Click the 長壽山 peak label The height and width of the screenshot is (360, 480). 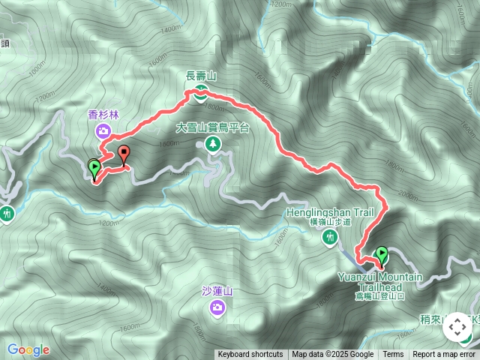(202, 76)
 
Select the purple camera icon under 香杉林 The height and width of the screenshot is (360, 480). (103, 132)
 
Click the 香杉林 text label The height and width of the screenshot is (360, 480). (103, 115)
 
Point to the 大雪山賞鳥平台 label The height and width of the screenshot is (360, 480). (212, 127)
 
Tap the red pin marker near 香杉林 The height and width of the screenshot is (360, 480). (124, 154)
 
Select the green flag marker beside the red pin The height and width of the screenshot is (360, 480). (94, 167)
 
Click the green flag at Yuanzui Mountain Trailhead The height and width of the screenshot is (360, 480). (381, 255)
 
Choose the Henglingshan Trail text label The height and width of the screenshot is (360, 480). (330, 213)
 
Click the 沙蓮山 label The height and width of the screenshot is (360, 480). (219, 291)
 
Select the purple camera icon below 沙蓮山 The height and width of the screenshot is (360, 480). (217, 306)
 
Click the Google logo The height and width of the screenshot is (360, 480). (28, 349)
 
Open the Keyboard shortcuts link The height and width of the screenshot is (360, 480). (250, 355)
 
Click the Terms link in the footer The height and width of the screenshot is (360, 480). (393, 355)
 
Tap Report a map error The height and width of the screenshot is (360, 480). (445, 355)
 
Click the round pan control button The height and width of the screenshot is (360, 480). (458, 328)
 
